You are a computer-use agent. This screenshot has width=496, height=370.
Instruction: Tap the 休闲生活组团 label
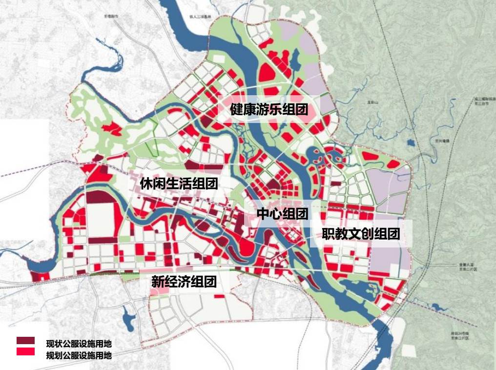(179, 184)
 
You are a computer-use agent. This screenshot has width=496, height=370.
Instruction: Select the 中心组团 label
(282, 214)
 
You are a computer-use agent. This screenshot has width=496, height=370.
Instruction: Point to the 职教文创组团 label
(361, 233)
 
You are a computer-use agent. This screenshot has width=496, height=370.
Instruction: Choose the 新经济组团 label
(184, 282)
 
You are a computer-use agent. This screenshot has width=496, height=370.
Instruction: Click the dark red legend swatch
(25, 340)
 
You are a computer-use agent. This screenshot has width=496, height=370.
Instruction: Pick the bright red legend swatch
(25, 351)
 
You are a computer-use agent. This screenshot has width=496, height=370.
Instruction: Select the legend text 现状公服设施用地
(79, 344)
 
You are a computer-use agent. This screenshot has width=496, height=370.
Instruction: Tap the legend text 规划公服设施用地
(79, 355)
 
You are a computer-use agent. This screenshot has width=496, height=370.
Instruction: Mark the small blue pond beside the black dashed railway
(411, 143)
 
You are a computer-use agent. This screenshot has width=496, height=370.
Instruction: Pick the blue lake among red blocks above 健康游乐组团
(295, 61)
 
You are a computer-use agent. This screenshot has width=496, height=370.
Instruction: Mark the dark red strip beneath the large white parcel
(103, 240)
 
